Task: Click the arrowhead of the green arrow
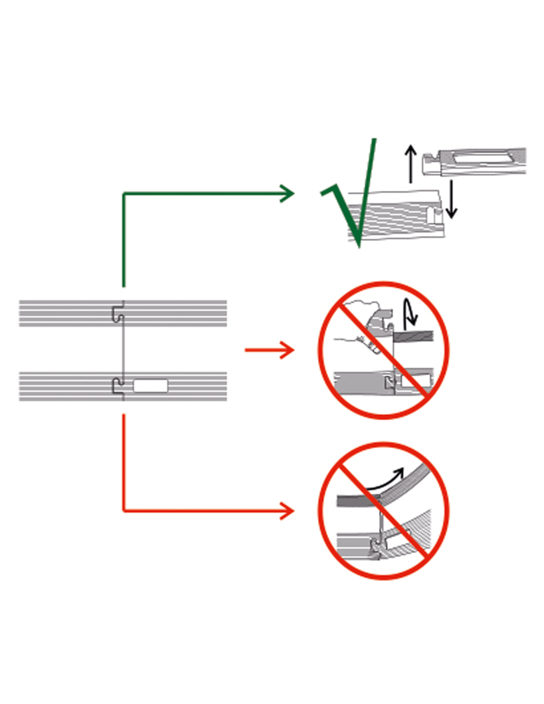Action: (288, 193)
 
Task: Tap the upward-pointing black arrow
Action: (410, 163)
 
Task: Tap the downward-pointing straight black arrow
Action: (451, 201)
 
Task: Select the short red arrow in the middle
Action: (270, 350)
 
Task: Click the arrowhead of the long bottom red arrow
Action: (288, 510)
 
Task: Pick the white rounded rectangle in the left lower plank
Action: (150, 386)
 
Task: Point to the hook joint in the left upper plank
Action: (118, 314)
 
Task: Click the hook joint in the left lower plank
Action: (118, 386)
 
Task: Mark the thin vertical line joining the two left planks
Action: (123, 349)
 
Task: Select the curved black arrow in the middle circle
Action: (410, 314)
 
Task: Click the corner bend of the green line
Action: (124, 194)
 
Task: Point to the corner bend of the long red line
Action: (124, 510)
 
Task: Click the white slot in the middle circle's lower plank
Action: (414, 380)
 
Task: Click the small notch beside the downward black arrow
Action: (437, 214)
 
